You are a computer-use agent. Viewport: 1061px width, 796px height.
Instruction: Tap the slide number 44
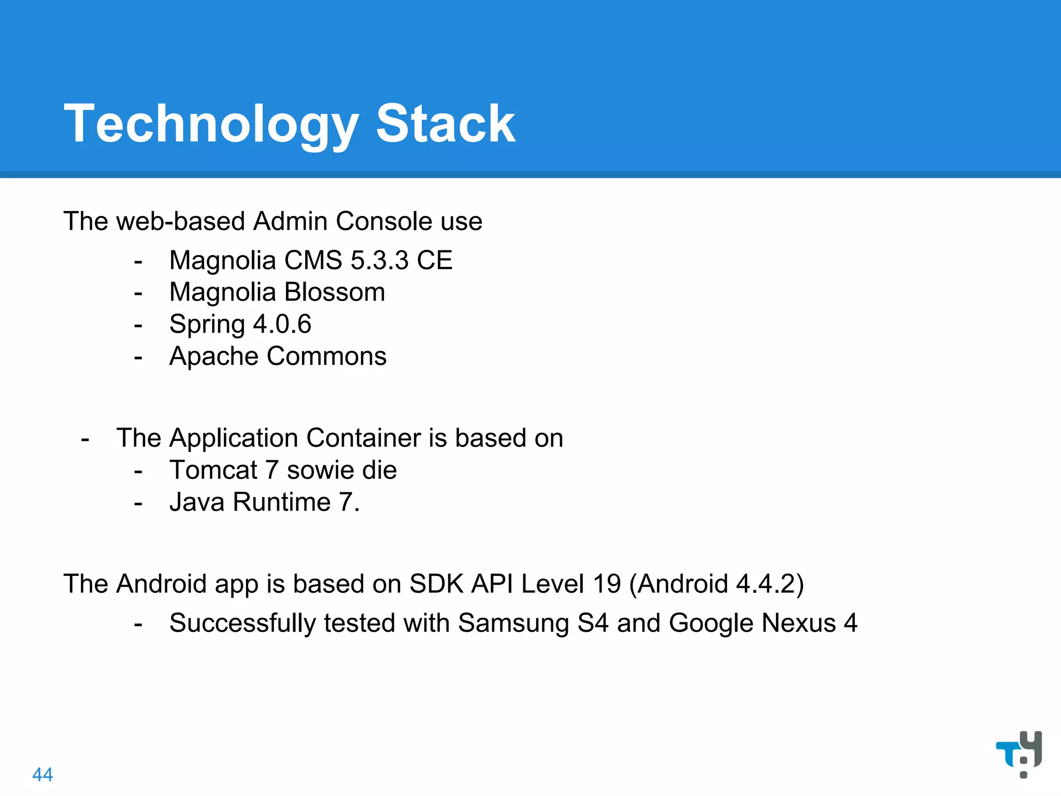pyautogui.click(x=42, y=774)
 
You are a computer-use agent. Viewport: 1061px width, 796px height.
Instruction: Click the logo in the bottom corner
pyautogui.click(x=1019, y=753)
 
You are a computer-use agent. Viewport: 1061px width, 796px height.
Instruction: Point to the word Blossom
pyautogui.click(x=335, y=292)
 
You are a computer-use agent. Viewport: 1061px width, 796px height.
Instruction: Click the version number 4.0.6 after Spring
pyautogui.click(x=282, y=324)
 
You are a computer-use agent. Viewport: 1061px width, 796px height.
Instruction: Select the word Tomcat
pyautogui.click(x=213, y=471)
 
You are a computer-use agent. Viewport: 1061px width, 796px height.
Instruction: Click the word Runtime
pyautogui.click(x=282, y=502)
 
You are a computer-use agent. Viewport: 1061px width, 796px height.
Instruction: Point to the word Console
pyautogui.click(x=384, y=221)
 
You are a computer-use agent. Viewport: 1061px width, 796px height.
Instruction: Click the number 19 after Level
pyautogui.click(x=607, y=584)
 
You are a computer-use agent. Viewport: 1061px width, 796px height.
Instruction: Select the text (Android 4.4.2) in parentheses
pyautogui.click(x=716, y=584)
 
